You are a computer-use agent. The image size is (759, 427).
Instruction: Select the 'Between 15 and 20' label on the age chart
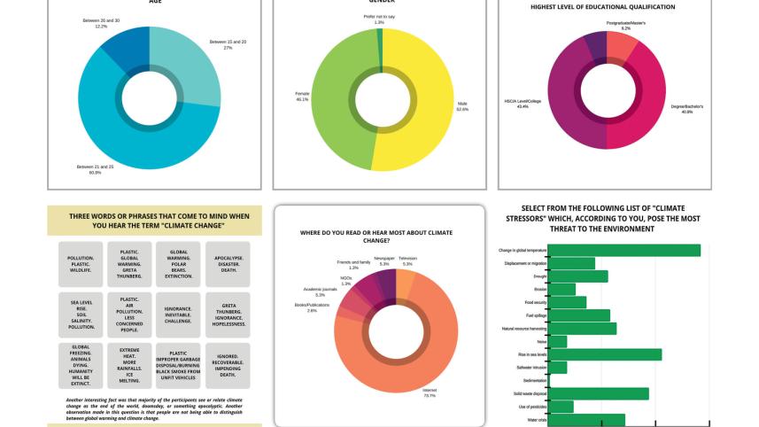[228, 44]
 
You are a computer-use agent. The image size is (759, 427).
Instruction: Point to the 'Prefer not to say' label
[379, 19]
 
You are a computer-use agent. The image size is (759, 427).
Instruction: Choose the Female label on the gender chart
[302, 97]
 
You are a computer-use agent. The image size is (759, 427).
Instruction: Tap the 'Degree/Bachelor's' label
[686, 108]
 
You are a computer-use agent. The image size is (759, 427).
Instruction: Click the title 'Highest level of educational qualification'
[602, 7]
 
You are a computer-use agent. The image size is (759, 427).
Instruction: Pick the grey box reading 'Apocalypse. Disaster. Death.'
[222, 263]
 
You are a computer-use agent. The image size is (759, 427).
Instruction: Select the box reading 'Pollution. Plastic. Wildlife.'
[81, 263]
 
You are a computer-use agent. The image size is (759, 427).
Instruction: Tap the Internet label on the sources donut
[430, 394]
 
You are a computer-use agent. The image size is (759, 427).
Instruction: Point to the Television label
[407, 260]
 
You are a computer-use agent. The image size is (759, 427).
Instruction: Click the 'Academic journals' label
[320, 292]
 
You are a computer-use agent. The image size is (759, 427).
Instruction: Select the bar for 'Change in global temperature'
[624, 251]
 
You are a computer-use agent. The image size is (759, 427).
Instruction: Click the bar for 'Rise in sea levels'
[606, 354]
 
